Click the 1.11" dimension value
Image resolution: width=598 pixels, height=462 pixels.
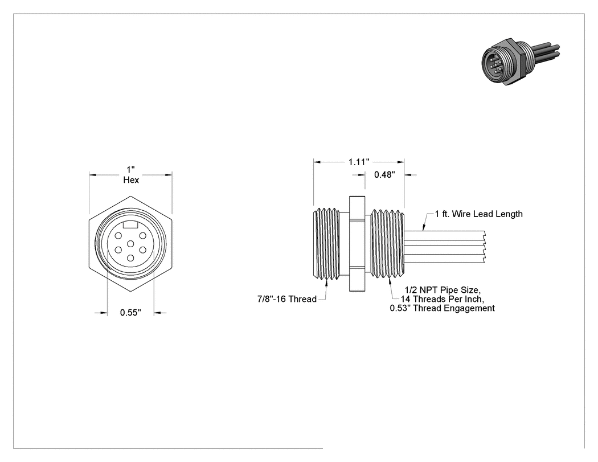tap(359, 162)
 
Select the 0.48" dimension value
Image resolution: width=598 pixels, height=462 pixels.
tap(384, 175)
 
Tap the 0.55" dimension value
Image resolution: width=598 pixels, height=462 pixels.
tap(130, 312)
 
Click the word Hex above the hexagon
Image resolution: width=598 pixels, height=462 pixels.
tap(131, 179)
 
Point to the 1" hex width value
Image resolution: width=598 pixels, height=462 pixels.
tap(131, 169)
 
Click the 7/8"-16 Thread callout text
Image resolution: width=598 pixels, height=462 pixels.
tap(287, 299)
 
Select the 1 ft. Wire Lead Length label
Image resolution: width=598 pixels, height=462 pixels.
tap(478, 214)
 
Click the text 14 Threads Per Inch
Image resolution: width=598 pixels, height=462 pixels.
tap(442, 299)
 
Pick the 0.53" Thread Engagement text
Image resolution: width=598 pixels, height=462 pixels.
tap(442, 308)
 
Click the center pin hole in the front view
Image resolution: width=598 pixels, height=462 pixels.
tap(130, 244)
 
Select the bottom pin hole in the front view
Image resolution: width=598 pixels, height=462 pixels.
tap(130, 258)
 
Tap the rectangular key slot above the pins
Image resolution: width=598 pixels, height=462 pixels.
tap(130, 225)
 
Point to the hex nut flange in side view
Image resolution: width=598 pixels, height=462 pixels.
tap(357, 244)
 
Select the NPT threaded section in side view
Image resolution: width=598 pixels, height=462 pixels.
tap(387, 244)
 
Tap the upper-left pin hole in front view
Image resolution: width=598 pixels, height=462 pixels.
tap(118, 236)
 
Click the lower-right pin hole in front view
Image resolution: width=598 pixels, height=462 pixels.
tap(142, 250)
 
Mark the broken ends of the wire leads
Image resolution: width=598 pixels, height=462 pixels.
tap(484, 247)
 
